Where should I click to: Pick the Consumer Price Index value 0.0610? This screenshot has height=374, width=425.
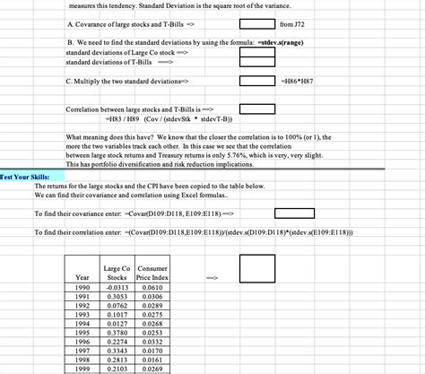click(x=152, y=286)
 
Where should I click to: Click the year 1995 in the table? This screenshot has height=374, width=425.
click(x=82, y=331)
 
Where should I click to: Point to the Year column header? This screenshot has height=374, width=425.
click(x=82, y=277)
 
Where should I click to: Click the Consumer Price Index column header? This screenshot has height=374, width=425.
click(x=152, y=273)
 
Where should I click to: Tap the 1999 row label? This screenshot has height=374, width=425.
click(x=82, y=368)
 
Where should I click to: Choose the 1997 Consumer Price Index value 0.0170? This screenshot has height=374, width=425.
click(x=152, y=350)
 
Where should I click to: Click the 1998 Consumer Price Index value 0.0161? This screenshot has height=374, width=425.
click(x=152, y=359)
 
